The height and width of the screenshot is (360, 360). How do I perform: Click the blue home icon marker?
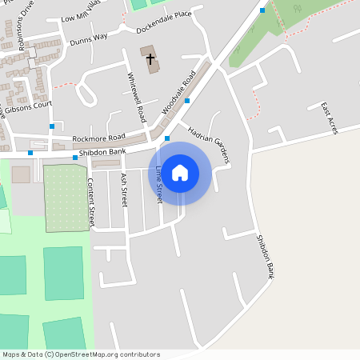[x=180, y=172]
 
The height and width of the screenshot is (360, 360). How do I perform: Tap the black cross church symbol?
[x=150, y=58]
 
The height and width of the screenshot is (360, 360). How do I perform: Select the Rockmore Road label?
[x=98, y=138]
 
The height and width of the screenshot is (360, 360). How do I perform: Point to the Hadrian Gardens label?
[x=209, y=144]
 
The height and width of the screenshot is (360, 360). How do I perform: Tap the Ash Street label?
[x=123, y=190]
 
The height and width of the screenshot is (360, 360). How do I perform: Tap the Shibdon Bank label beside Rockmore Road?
[x=107, y=151]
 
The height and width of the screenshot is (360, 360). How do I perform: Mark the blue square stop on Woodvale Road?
[x=187, y=101]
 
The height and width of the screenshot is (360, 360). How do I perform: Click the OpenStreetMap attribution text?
[x=80, y=354]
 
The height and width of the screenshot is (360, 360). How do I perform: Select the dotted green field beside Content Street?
[x=66, y=198]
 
